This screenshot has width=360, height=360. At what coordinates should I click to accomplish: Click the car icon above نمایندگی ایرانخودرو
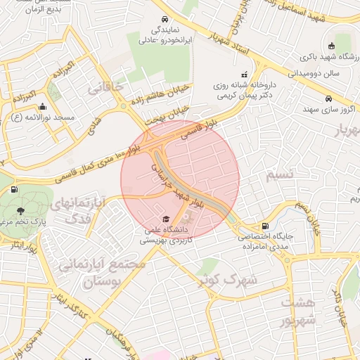click(164, 19)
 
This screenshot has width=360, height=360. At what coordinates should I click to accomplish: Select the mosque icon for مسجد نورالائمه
click(43, 107)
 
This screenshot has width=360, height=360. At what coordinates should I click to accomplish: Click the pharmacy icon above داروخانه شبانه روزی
click(244, 75)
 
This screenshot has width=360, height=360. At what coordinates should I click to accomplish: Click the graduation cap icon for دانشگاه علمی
click(166, 219)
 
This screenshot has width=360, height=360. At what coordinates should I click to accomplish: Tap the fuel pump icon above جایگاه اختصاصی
click(264, 226)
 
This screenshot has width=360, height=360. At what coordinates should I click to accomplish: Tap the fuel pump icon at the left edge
click(14, 188)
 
